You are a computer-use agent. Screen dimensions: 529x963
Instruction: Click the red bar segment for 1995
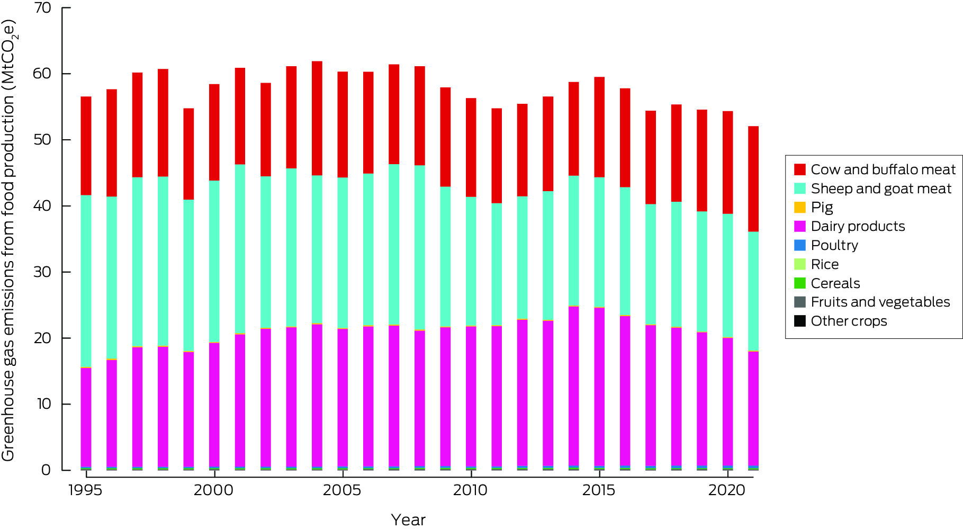pyautogui.click(x=86, y=146)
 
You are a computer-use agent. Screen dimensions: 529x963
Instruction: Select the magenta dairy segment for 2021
pyautogui.click(x=753, y=408)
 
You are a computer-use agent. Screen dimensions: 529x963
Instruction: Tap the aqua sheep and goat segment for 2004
pyautogui.click(x=317, y=249)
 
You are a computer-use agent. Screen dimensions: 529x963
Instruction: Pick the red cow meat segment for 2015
pyautogui.click(x=599, y=127)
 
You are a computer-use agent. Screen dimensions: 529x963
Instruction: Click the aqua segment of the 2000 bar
pyautogui.click(x=214, y=262)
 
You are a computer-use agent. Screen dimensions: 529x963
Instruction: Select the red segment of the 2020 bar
pyautogui.click(x=727, y=162)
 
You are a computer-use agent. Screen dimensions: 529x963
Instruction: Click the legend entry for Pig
pyautogui.click(x=822, y=208)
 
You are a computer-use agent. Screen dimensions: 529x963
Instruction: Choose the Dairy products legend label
pyautogui.click(x=858, y=227)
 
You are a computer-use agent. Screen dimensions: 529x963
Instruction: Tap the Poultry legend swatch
pyautogui.click(x=799, y=245)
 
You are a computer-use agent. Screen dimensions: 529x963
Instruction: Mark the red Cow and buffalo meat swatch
pyautogui.click(x=799, y=169)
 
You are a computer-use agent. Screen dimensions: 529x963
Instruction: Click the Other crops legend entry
pyautogui.click(x=849, y=321)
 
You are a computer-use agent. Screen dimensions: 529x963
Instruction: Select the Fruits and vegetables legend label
pyautogui.click(x=880, y=302)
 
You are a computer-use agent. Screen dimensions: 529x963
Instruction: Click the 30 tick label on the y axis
pyautogui.click(x=42, y=272)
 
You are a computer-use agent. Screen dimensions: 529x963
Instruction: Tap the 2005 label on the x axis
pyautogui.click(x=342, y=490)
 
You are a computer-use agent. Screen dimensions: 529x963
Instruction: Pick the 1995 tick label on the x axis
pyautogui.click(x=85, y=490)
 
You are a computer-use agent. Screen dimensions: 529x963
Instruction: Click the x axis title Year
pyautogui.click(x=408, y=520)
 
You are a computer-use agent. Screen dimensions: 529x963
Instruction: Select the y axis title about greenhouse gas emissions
pyautogui.click(x=9, y=241)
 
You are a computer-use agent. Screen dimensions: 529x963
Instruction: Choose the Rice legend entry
pyautogui.click(x=824, y=264)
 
